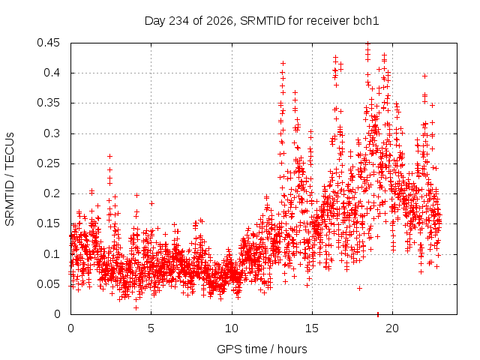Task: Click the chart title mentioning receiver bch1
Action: pyautogui.click(x=262, y=21)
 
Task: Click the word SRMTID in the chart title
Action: pyautogui.click(x=262, y=21)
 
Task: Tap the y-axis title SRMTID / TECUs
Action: pyautogui.click(x=10, y=179)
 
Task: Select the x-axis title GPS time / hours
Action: pyautogui.click(x=262, y=349)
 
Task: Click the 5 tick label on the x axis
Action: pyautogui.click(x=151, y=328)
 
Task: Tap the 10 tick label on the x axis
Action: pyautogui.click(x=232, y=328)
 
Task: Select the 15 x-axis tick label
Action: pyautogui.click(x=312, y=328)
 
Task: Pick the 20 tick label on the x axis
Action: pyautogui.click(x=392, y=328)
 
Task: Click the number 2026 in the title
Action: pyautogui.click(x=220, y=21)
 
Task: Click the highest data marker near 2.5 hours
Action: pyautogui.click(x=109, y=157)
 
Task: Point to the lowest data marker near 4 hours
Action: pyautogui.click(x=136, y=307)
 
